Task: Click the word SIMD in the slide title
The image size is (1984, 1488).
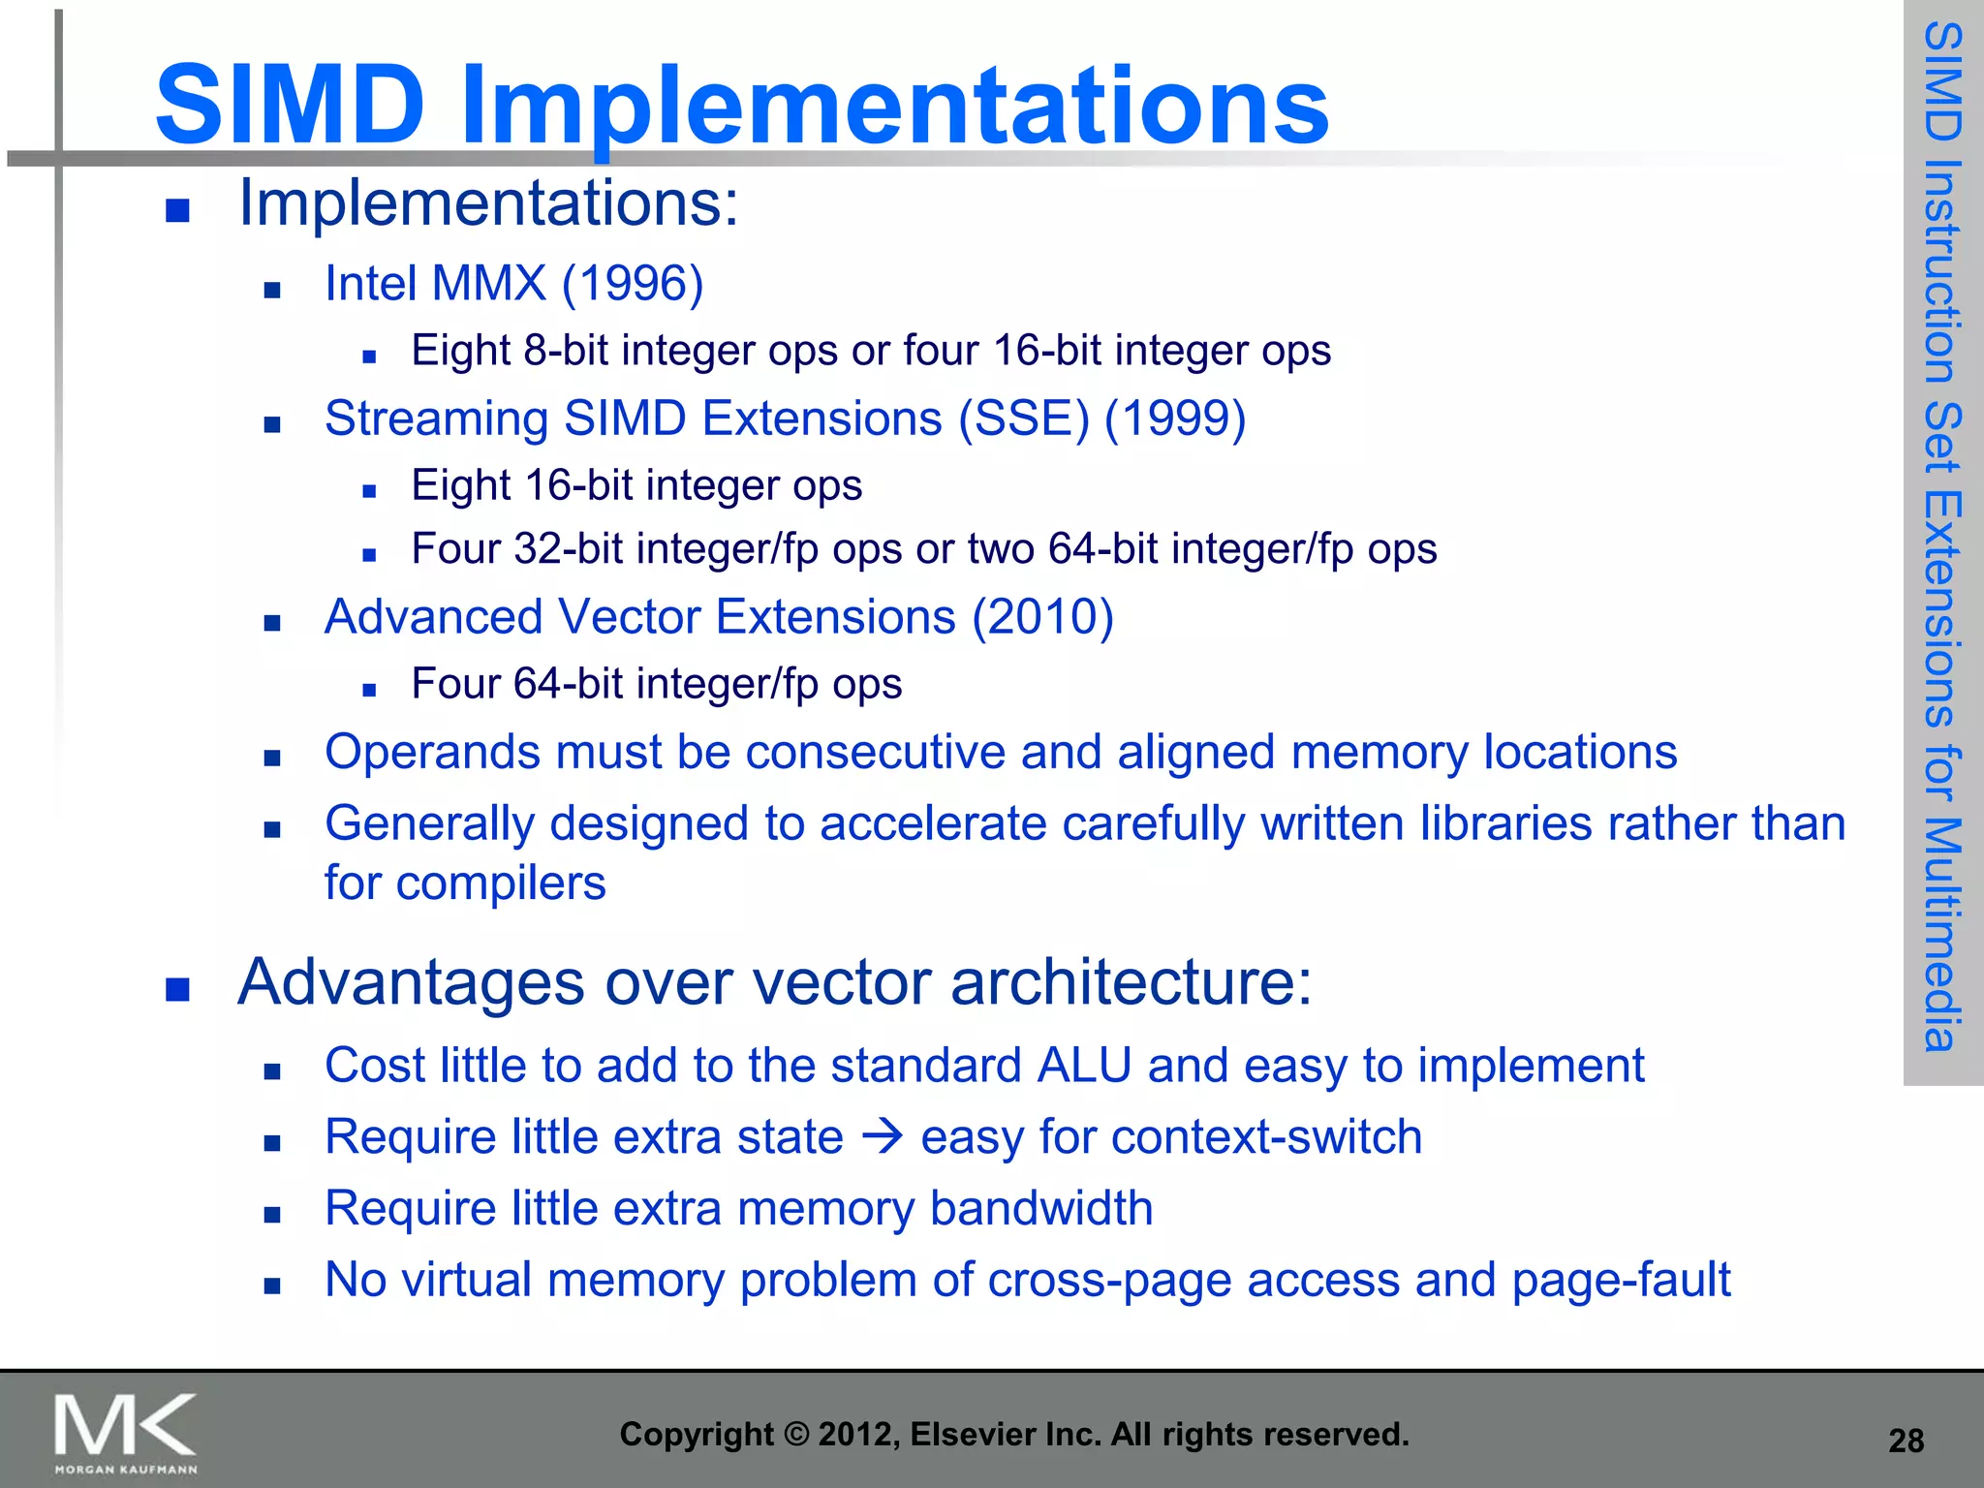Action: tap(290, 105)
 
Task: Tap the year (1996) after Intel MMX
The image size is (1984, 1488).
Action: tap(633, 284)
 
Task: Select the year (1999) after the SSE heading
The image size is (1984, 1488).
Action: tap(1175, 418)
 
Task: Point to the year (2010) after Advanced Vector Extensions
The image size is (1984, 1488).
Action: tap(1042, 617)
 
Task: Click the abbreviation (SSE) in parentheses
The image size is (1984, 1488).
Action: tap(1024, 418)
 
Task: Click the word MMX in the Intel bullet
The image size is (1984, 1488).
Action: tap(489, 284)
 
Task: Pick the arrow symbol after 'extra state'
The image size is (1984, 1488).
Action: tap(883, 1135)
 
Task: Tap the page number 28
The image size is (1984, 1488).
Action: tap(1906, 1441)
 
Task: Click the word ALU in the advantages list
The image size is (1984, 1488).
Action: tap(1084, 1066)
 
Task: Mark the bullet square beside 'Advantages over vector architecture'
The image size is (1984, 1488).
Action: tap(177, 989)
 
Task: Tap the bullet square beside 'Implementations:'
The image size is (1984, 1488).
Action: tap(177, 210)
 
